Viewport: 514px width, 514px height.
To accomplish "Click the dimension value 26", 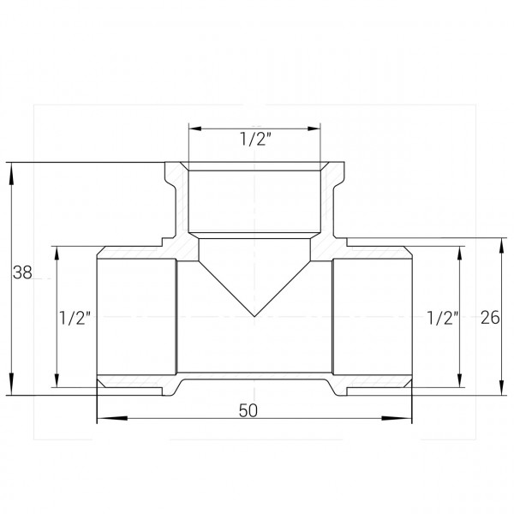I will (x=490, y=317).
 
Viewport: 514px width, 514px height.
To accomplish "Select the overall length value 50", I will (x=248, y=410).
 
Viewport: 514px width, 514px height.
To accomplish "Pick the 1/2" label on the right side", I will (x=443, y=318).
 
